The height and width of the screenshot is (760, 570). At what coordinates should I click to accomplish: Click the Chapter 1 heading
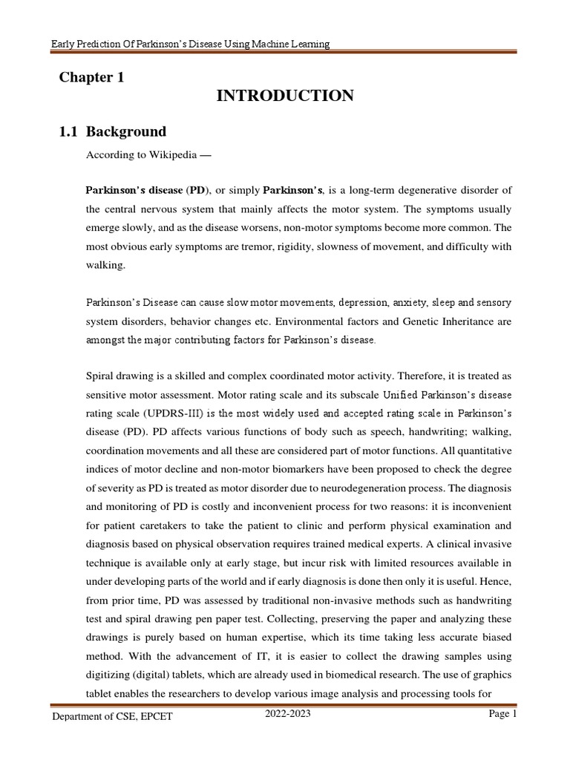[91, 78]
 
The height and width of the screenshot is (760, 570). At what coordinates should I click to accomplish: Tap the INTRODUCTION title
[285, 96]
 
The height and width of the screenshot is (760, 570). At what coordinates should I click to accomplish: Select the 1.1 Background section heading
[112, 132]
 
